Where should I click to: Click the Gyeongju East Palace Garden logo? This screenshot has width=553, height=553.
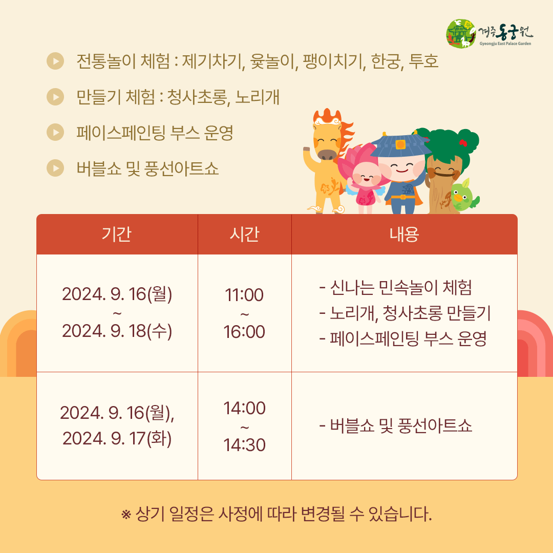[x=490, y=33]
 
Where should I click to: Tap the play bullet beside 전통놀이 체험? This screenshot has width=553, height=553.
[x=55, y=60]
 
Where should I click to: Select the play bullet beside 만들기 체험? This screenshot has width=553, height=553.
[x=55, y=97]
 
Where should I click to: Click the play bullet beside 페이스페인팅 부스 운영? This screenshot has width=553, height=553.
[x=55, y=132]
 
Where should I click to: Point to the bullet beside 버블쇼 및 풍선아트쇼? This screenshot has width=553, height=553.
[x=55, y=168]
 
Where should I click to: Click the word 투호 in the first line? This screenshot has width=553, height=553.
[x=423, y=61]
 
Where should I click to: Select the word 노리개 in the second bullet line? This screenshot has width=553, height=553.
[x=257, y=97]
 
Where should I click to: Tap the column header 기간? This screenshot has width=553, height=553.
[x=116, y=234]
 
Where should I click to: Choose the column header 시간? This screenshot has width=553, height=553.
[x=244, y=234]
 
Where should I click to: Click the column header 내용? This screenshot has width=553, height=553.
[x=404, y=234]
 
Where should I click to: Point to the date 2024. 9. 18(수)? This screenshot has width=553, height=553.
[x=117, y=331]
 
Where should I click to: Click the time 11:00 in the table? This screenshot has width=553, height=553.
[x=244, y=295]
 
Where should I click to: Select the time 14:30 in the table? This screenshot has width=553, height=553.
[x=244, y=445]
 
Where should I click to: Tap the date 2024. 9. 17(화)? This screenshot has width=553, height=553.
[x=117, y=439]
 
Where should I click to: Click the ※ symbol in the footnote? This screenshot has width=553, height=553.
[x=126, y=515]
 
